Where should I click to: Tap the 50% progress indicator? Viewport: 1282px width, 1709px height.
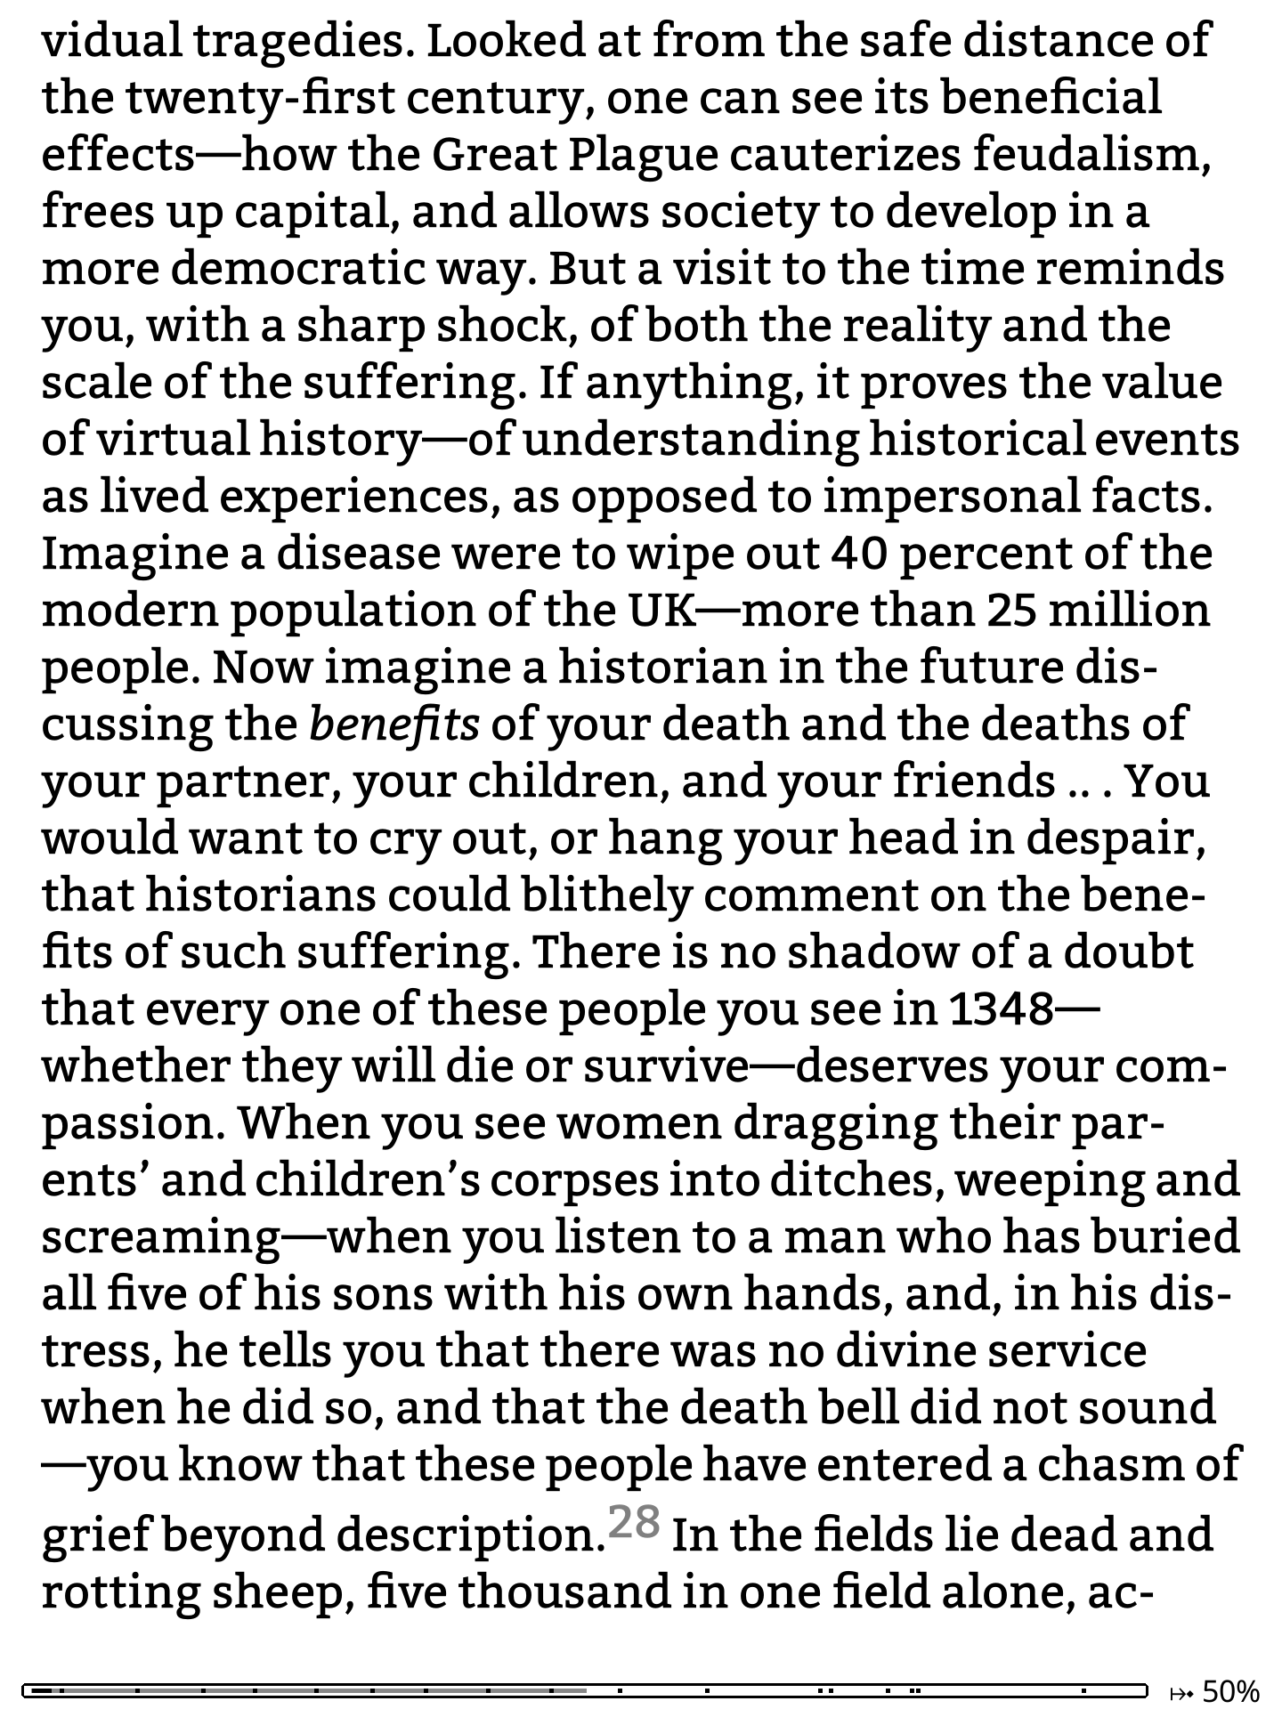1231,1690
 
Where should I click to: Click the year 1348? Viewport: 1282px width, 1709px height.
1001,1008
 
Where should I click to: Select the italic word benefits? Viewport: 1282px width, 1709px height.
394,724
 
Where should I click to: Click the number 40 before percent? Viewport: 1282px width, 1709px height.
860,553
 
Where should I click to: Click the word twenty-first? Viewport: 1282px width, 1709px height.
260,97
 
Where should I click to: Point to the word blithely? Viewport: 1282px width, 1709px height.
606,895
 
